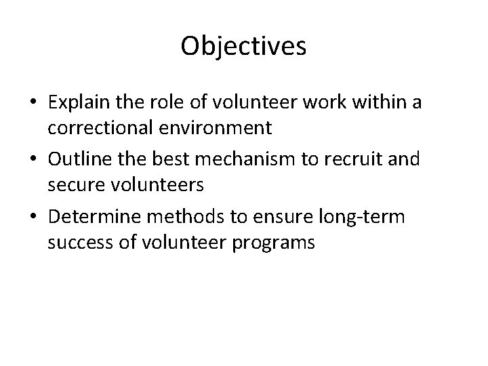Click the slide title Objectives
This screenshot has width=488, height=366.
tap(244, 46)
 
